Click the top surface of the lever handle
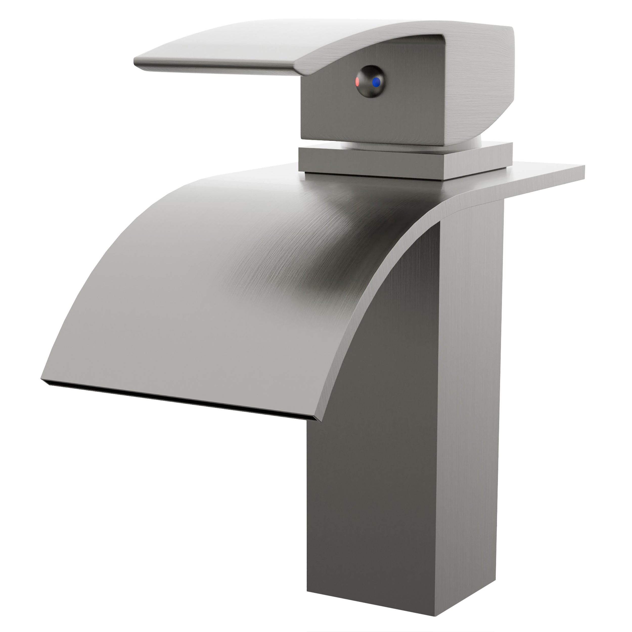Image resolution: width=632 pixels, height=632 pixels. tap(262, 42)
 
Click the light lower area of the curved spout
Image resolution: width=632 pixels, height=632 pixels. tap(164, 327)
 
